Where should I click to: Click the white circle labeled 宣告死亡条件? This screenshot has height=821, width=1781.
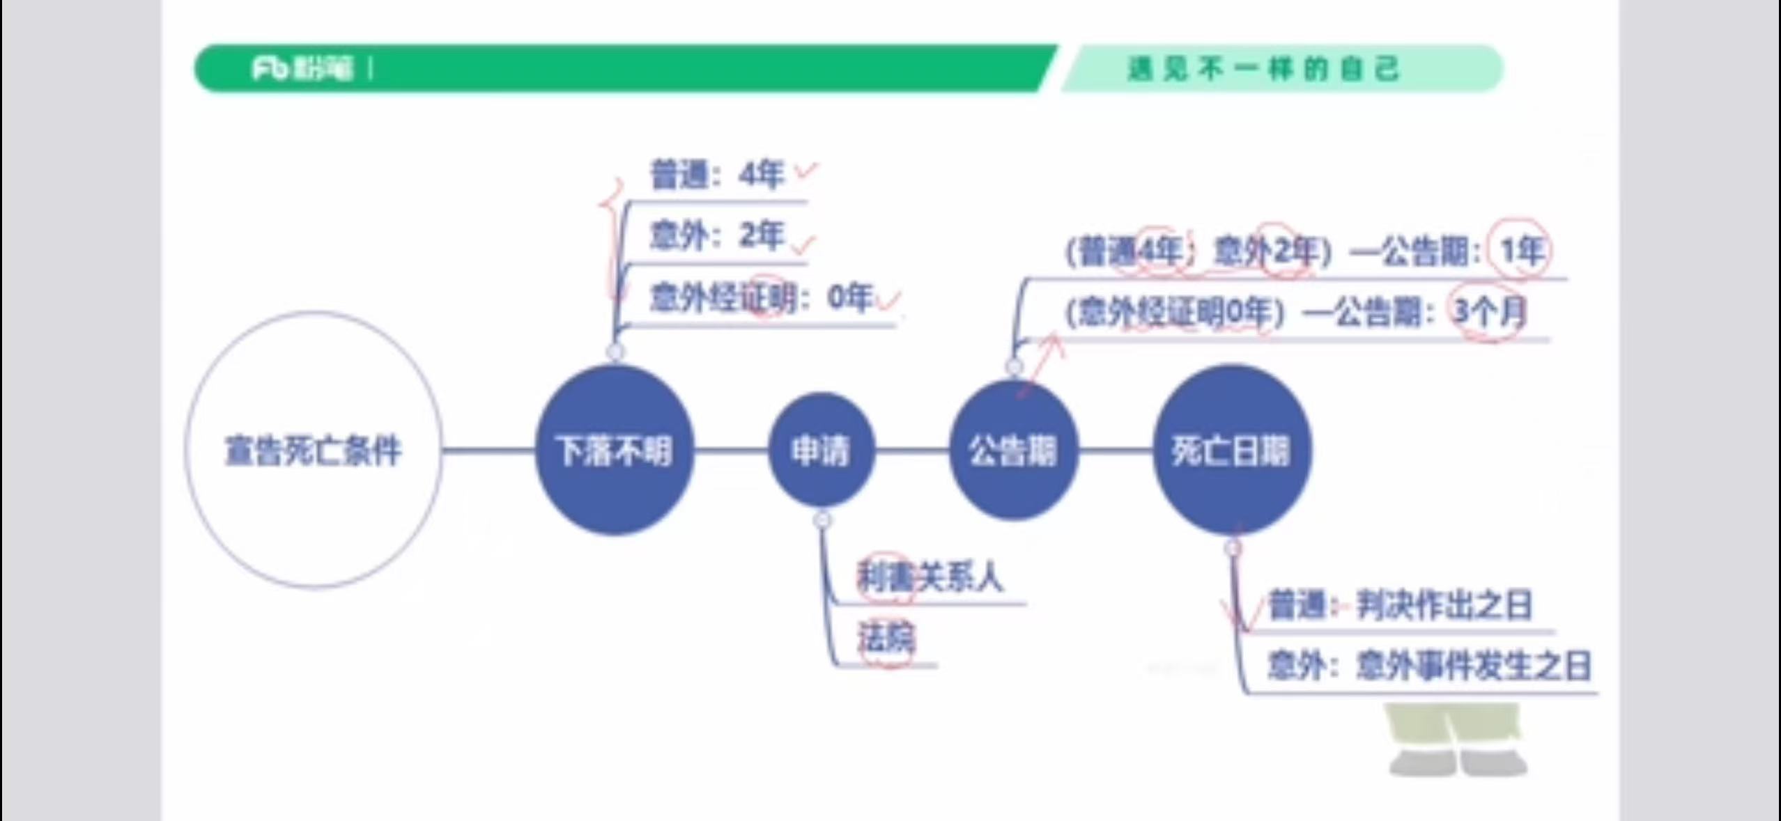tap(313, 450)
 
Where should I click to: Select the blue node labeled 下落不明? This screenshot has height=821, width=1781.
tap(614, 450)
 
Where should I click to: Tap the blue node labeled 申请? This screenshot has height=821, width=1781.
tap(821, 450)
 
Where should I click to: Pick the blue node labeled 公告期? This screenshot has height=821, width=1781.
tap(1013, 450)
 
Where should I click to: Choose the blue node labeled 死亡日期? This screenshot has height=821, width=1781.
tap(1231, 450)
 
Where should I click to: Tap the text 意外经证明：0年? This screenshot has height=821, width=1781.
tap(760, 298)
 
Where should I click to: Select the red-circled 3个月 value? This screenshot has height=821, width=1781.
tap(1488, 312)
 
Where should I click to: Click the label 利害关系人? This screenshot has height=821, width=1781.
tap(930, 577)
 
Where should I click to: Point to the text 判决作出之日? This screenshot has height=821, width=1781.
tap(1444, 606)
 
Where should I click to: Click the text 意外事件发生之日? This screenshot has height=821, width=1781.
tap(1473, 666)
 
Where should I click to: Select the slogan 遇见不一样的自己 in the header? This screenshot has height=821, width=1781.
tap(1263, 68)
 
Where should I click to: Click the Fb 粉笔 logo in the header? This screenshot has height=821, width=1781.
tap(302, 68)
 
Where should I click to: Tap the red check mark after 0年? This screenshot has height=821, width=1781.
tap(889, 300)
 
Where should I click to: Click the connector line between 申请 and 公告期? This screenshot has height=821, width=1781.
tap(911, 450)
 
